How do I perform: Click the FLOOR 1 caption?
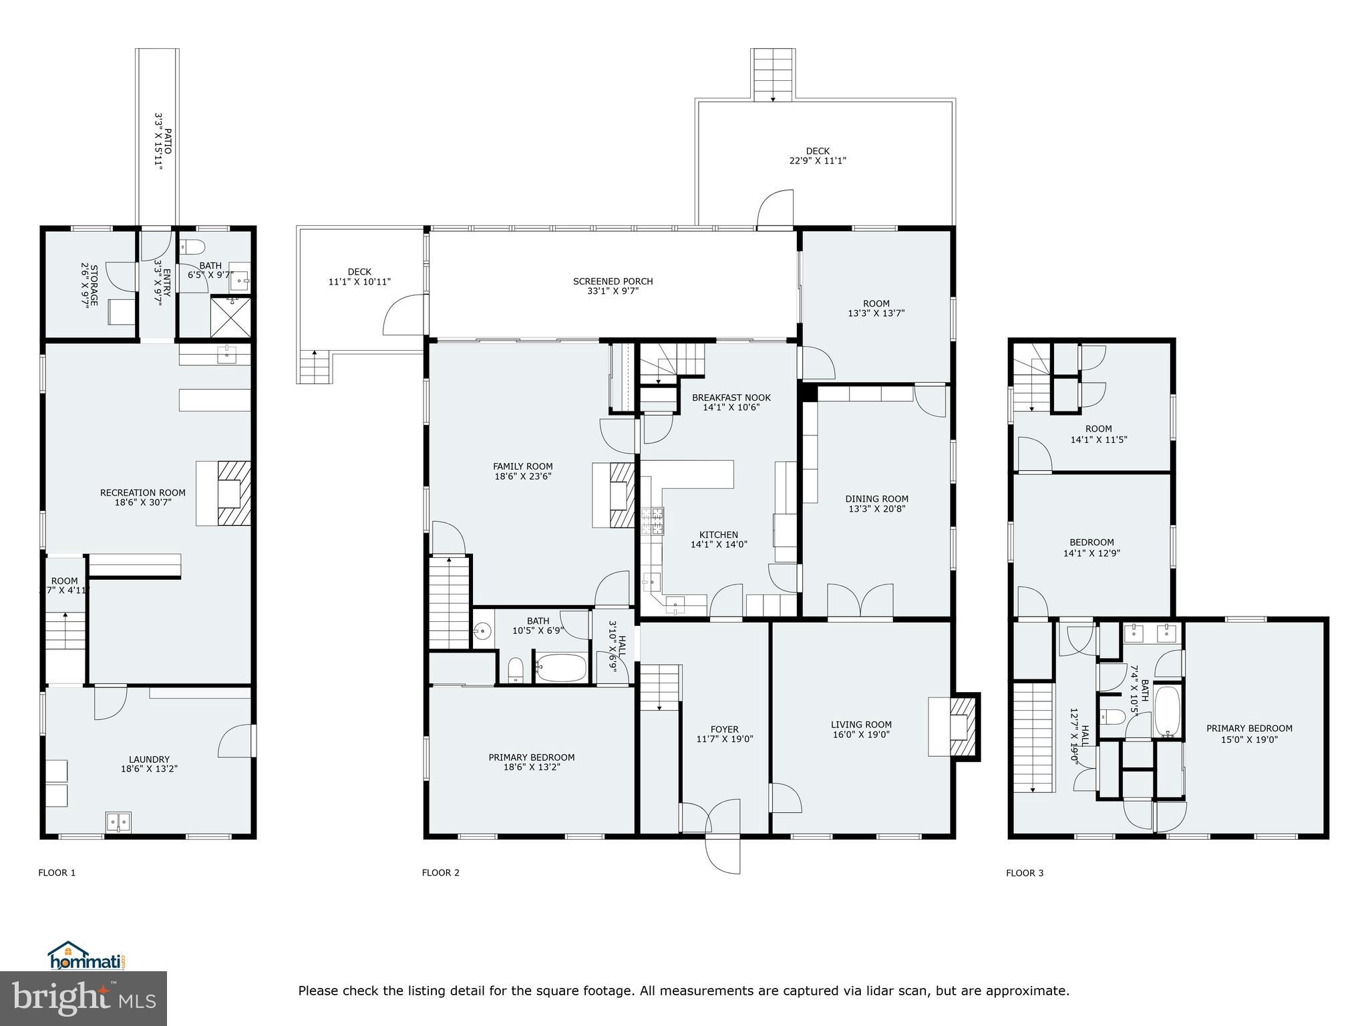pyautogui.click(x=57, y=872)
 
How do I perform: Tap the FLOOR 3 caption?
pyautogui.click(x=1025, y=873)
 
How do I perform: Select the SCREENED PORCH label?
pyautogui.click(x=613, y=281)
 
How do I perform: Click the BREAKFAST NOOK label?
pyautogui.click(x=731, y=397)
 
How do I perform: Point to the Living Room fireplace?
pyautogui.click(x=962, y=726)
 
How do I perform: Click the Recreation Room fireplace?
pyautogui.click(x=233, y=493)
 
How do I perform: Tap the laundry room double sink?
pyautogui.click(x=118, y=822)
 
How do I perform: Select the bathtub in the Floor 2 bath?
pyautogui.click(x=561, y=668)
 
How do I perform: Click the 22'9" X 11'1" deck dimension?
pyautogui.click(x=818, y=161)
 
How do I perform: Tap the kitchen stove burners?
pyautogui.click(x=653, y=521)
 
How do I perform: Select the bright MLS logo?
pyautogui.click(x=83, y=998)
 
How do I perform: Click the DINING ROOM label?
pyautogui.click(x=876, y=498)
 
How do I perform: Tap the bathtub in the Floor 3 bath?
pyautogui.click(x=1168, y=711)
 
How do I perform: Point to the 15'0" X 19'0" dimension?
pyautogui.click(x=1248, y=739)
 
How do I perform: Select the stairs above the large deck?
pyautogui.click(x=773, y=74)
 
